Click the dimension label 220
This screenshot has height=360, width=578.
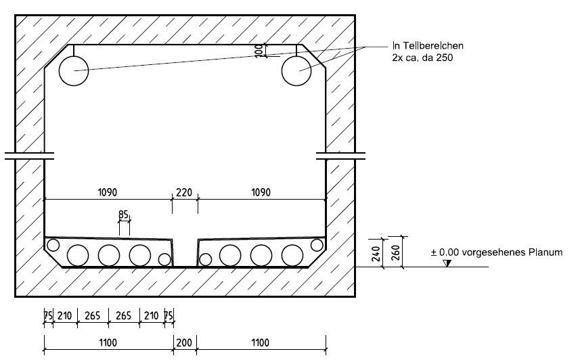point(184,192)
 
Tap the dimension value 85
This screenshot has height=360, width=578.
point(123,215)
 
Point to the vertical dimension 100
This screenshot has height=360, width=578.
point(259,50)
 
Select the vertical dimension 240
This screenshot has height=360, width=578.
point(376,254)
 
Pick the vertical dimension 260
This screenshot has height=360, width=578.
point(395,253)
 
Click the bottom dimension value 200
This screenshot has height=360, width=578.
point(184,342)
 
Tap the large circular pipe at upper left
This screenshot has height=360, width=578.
point(74,70)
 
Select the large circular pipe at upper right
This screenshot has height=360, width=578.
point(296,70)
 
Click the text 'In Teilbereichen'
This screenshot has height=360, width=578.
point(428,46)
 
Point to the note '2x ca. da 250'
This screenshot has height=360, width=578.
point(422,58)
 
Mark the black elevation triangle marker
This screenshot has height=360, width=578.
point(447,263)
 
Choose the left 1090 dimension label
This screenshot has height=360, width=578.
point(107,192)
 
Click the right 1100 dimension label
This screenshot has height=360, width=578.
point(261,342)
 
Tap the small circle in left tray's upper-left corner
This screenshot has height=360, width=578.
point(53,245)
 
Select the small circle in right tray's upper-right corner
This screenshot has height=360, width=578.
point(317,245)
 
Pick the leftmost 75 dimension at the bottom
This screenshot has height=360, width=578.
point(48,316)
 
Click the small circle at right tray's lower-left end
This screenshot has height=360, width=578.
point(205,259)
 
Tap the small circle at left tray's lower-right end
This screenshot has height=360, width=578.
point(164,259)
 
